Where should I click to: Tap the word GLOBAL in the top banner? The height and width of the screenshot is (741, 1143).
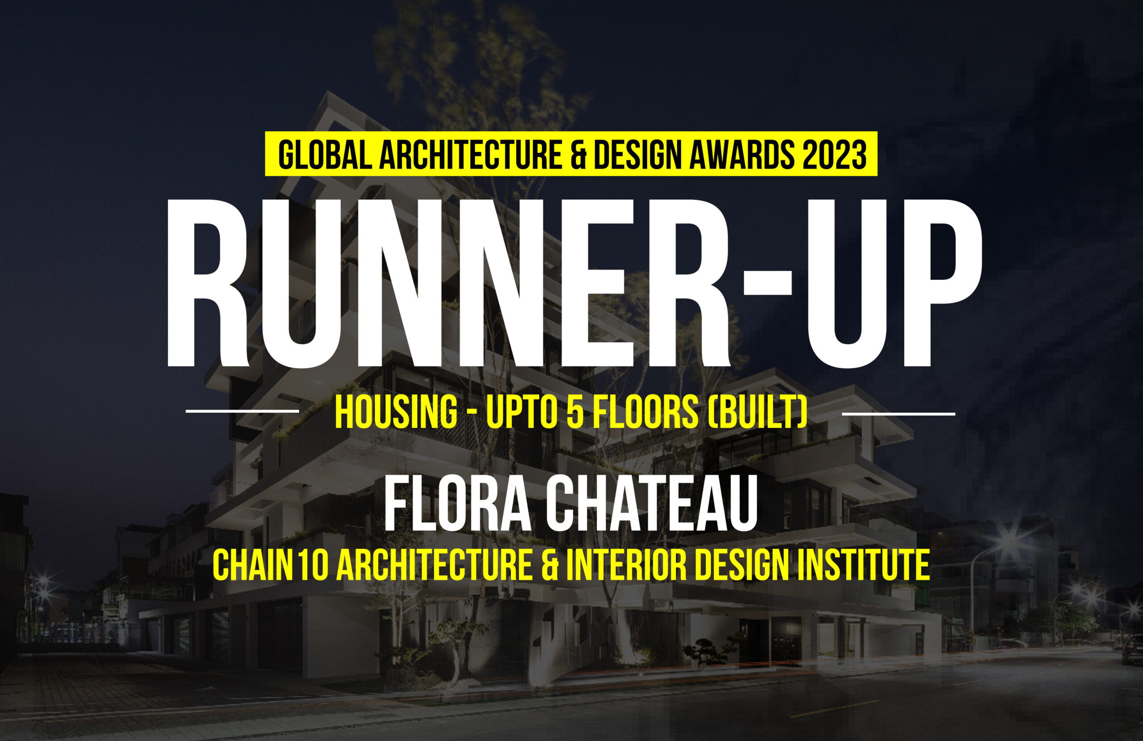pos(325,154)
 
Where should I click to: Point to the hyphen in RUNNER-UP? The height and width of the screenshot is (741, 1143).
pos(768,283)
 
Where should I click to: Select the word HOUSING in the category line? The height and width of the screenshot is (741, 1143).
pos(396,413)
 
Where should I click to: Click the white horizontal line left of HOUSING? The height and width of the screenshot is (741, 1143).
pos(242,411)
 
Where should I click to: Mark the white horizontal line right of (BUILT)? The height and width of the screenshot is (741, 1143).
pos(899,413)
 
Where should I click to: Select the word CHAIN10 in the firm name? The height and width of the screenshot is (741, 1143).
pos(271,565)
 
